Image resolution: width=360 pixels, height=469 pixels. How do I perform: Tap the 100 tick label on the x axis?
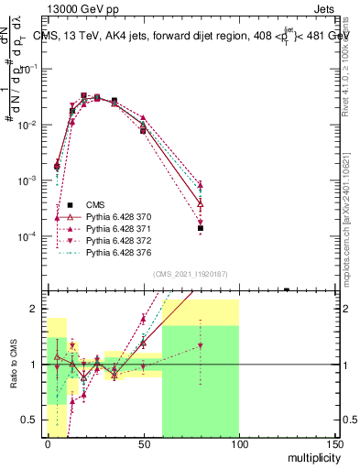click(x=239, y=442)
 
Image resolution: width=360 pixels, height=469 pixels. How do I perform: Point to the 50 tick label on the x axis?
click(x=144, y=442)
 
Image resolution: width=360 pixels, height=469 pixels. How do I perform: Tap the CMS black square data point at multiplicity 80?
click(x=201, y=228)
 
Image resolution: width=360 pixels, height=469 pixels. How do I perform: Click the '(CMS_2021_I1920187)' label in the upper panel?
click(x=190, y=274)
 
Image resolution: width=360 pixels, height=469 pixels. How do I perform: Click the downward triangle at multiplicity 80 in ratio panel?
click(x=201, y=345)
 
